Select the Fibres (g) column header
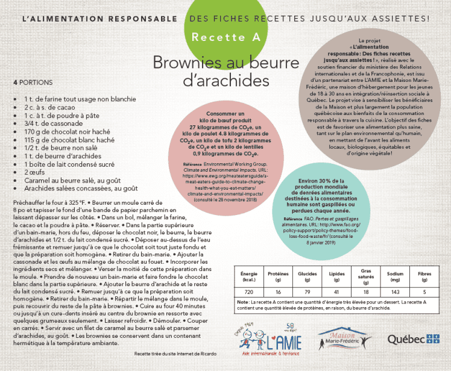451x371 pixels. point(424,276)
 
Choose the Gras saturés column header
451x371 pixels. point(365,276)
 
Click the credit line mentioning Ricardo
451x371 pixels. point(174,354)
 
